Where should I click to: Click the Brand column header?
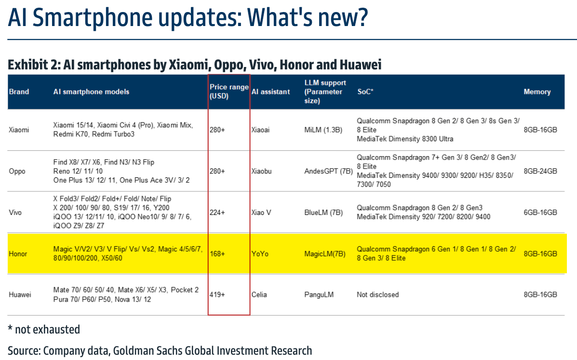pyautogui.click(x=19, y=92)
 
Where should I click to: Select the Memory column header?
pyautogui.click(x=537, y=92)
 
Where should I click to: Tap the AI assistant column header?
pyautogui.click(x=270, y=92)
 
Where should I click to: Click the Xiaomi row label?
pyautogui.click(x=19, y=130)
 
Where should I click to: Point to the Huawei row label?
pyautogui.click(x=20, y=294)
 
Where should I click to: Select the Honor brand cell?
pyautogui.click(x=18, y=253)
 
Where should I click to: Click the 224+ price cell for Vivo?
pyautogui.click(x=217, y=213)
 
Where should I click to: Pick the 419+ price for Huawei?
pyautogui.click(x=217, y=294)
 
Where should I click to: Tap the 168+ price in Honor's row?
pyautogui.click(x=217, y=253)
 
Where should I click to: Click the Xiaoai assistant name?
pyautogui.click(x=260, y=130)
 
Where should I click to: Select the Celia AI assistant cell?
pyautogui.click(x=259, y=294)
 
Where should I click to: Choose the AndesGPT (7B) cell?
pyautogui.click(x=328, y=171)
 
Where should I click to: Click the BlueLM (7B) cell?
pyautogui.click(x=323, y=213)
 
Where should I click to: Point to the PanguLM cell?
pyautogui.click(x=319, y=294)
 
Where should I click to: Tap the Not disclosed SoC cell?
pyautogui.click(x=377, y=294)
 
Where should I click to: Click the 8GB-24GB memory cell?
pyautogui.click(x=540, y=171)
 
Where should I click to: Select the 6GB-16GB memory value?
pyautogui.click(x=540, y=213)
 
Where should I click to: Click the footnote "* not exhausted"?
pyautogui.click(x=44, y=330)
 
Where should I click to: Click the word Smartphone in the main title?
pyautogui.click(x=93, y=17)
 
